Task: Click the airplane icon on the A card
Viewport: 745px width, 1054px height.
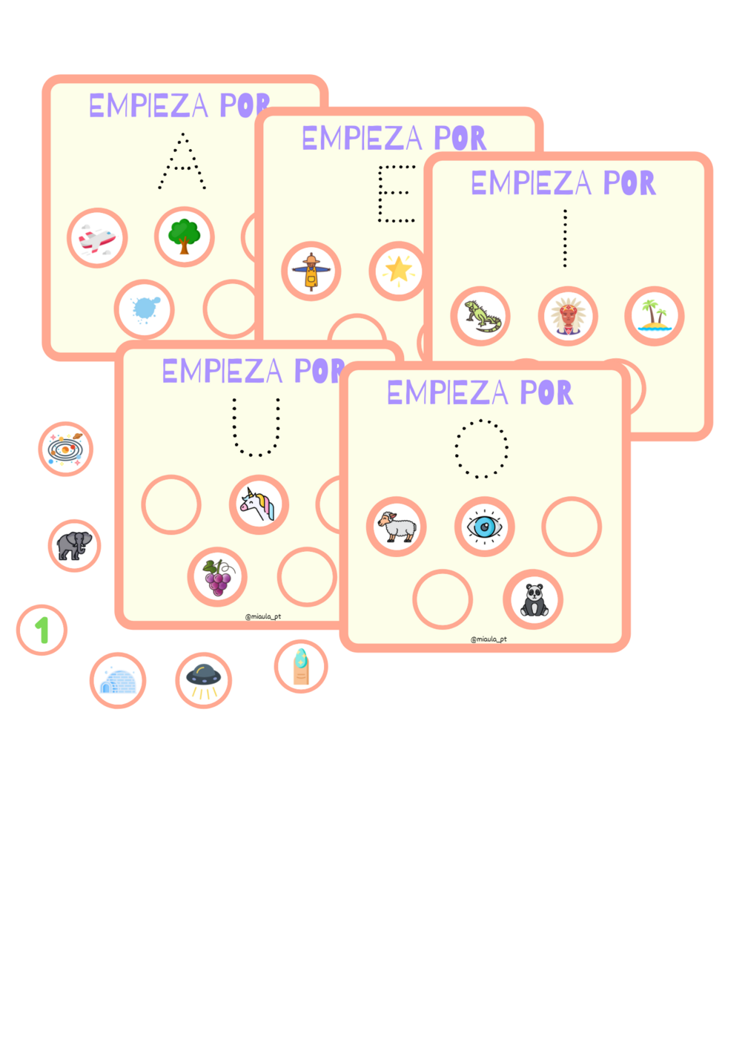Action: click(97, 239)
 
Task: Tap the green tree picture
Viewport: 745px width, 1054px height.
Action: click(185, 237)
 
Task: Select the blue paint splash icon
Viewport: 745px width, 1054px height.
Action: click(145, 309)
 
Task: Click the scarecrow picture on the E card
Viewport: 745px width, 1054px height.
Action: click(311, 271)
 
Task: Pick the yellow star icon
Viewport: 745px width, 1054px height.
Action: click(398, 270)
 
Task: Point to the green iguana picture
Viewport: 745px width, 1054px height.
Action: click(481, 317)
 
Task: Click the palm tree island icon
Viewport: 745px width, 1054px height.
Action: click(655, 316)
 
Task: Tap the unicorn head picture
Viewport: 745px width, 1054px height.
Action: click(258, 504)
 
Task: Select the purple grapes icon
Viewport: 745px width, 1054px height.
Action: click(217, 577)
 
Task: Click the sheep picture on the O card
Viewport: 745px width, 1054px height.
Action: click(397, 527)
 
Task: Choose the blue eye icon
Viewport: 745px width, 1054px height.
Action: click(484, 527)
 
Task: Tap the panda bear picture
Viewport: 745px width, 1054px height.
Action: click(534, 599)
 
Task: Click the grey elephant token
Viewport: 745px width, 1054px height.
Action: click(74, 546)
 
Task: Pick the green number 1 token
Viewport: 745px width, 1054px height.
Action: click(42, 630)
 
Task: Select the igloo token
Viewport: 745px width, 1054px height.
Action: click(118, 681)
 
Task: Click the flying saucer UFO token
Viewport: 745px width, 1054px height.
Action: click(204, 680)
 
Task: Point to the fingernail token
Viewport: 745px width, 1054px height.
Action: click(301, 666)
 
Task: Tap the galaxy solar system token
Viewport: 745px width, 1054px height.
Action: click(65, 449)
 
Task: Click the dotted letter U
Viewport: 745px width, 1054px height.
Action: click(256, 429)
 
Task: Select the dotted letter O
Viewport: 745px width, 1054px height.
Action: click(481, 448)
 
